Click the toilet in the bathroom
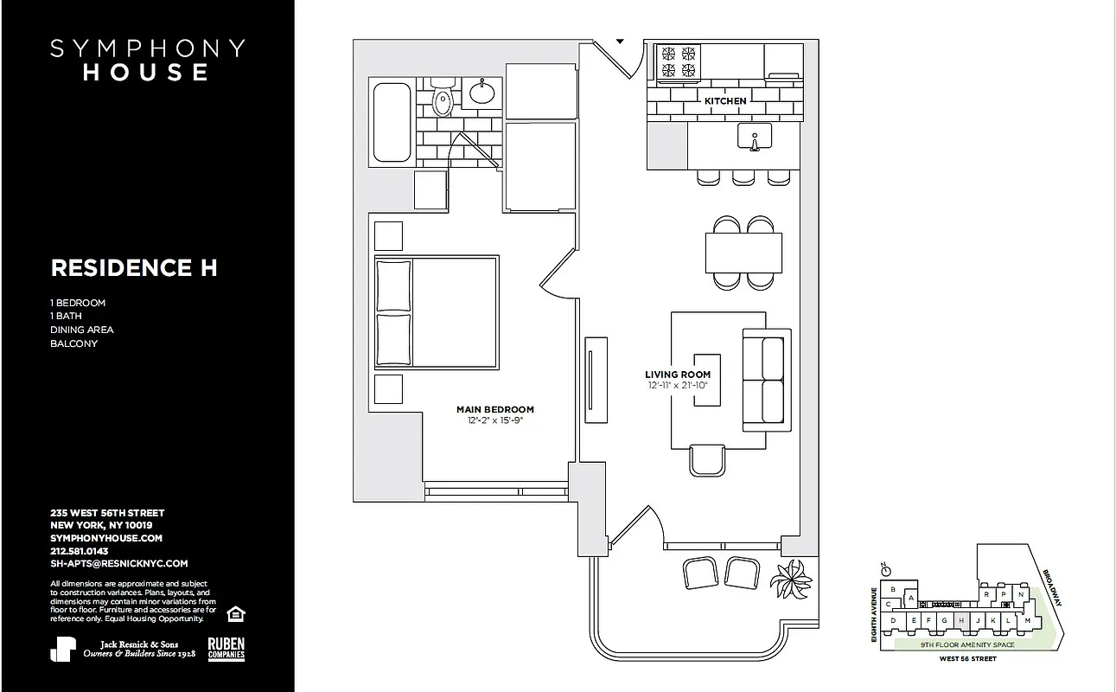[443, 100]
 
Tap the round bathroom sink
[481, 90]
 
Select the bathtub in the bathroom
[392, 123]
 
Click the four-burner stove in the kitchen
[679, 61]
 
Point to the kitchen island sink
[755, 137]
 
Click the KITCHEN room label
[724, 101]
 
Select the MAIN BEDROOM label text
[495, 409]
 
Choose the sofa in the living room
[767, 381]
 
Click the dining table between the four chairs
[743, 253]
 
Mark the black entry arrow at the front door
[620, 40]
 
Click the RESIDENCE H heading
[134, 268]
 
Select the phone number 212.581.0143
[79, 550]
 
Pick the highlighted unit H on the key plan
[961, 620]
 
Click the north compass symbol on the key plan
[883, 571]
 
